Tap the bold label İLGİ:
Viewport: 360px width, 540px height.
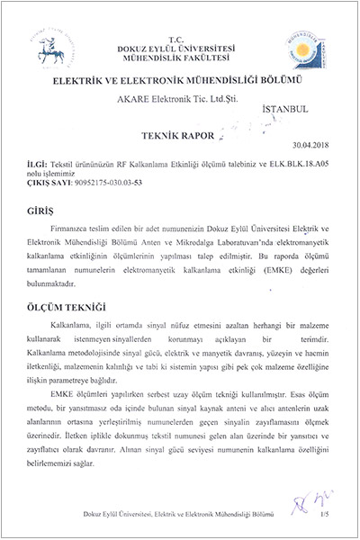[x=40, y=165]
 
